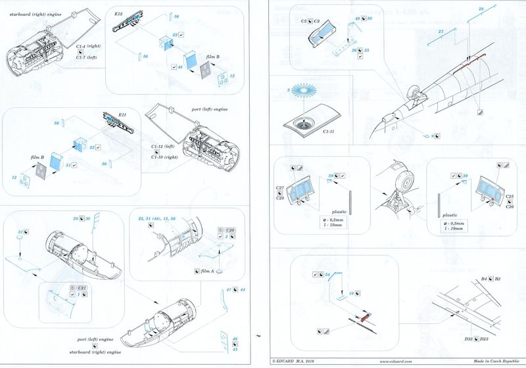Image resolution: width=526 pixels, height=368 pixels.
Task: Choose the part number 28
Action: click(x=481, y=8)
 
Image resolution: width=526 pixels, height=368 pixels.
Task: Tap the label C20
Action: click(x=230, y=229)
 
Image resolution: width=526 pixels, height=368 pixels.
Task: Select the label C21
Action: click(x=82, y=288)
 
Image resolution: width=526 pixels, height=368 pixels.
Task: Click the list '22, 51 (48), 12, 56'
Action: click(x=162, y=218)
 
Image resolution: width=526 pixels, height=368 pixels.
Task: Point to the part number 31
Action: click(x=20, y=232)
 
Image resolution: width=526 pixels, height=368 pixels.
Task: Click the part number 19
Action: click(x=352, y=293)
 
